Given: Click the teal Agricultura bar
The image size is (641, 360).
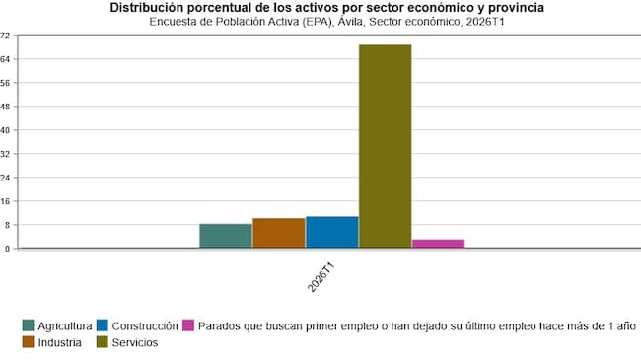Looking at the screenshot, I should [x=226, y=236].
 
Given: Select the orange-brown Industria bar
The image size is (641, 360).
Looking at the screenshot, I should [x=279, y=233].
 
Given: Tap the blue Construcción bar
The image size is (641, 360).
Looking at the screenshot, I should [x=332, y=232].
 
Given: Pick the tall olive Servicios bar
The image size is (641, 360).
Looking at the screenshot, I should [x=386, y=146].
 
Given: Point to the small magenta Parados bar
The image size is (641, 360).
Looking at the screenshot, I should [x=438, y=243].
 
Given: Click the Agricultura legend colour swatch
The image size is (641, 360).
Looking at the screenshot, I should [x=30, y=325].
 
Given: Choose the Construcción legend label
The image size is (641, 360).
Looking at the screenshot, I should [x=145, y=325].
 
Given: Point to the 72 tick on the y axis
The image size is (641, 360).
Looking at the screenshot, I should [x=5, y=36].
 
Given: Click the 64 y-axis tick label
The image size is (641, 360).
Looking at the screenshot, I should [x=5, y=59].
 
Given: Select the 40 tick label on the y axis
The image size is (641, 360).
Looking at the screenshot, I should [x=5, y=130].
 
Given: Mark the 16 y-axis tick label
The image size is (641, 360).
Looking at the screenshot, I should [x=5, y=201].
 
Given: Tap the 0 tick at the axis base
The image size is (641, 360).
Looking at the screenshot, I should [x=7, y=249].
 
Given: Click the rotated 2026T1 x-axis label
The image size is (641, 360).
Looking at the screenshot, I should [x=320, y=275].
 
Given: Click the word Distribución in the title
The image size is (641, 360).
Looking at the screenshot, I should [x=147, y=7].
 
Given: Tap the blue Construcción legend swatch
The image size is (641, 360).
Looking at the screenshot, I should [x=104, y=325].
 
